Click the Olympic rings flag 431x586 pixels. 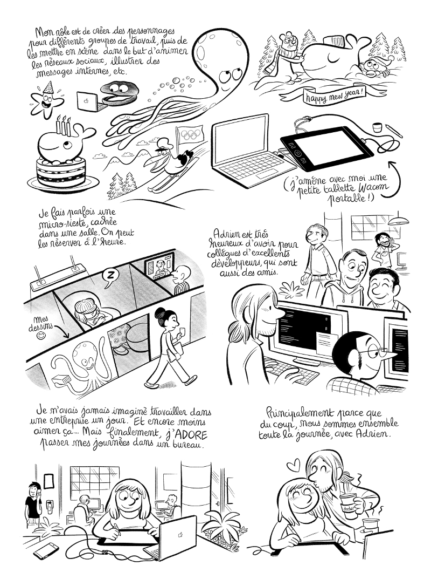point(190,134)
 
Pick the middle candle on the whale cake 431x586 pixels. point(64,126)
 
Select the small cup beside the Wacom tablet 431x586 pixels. point(377,127)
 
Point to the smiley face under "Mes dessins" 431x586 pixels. point(42,336)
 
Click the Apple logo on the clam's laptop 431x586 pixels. point(86,101)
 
